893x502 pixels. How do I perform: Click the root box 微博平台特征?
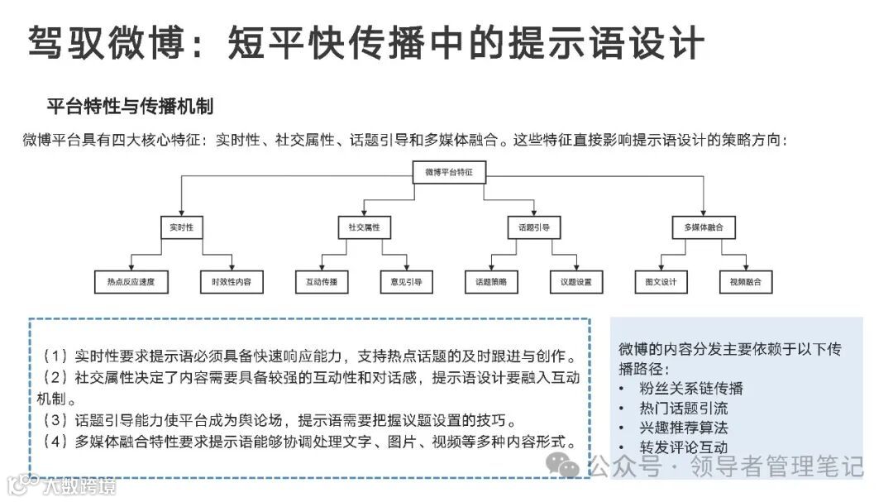click(x=449, y=173)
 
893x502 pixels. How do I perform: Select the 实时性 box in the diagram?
click(x=181, y=227)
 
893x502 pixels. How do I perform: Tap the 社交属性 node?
click(x=364, y=227)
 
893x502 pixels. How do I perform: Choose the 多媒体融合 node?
click(x=704, y=227)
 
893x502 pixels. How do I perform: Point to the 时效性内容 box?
click(x=232, y=282)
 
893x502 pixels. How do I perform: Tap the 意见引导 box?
click(x=406, y=282)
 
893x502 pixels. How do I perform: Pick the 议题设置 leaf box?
click(x=575, y=282)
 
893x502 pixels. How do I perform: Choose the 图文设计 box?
click(x=661, y=282)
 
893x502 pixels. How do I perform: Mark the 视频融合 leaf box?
click(x=746, y=282)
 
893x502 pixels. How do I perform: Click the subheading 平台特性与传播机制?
click(x=131, y=107)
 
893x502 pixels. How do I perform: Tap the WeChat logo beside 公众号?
click(x=567, y=466)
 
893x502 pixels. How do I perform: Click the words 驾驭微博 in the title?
click(x=107, y=41)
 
